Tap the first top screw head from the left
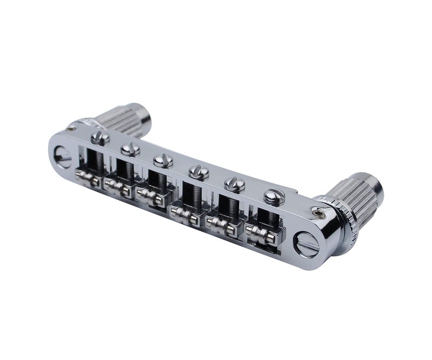(x=100, y=138)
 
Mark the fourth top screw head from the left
(x=198, y=172)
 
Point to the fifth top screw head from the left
(x=234, y=184)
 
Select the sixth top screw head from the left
(x=273, y=196)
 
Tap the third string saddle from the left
(x=151, y=195)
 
